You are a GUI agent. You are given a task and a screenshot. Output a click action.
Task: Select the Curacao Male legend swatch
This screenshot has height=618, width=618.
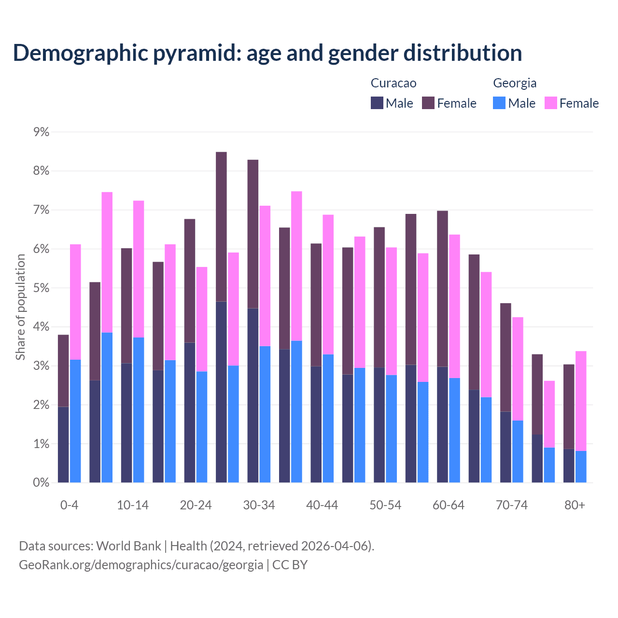377,103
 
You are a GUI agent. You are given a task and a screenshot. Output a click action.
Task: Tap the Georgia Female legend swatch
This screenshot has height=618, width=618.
551,103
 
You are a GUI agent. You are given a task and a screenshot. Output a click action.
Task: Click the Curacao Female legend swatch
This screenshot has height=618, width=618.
428,103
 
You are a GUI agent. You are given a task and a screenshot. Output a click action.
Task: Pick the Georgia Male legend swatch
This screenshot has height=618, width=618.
499,103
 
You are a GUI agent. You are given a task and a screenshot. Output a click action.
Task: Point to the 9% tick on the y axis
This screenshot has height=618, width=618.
41,132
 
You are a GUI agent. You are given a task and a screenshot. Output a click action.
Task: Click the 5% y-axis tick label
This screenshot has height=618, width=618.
41,288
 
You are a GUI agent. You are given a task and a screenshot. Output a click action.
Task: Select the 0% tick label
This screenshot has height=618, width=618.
41,482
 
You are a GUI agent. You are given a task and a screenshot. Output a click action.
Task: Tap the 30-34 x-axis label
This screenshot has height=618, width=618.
259,505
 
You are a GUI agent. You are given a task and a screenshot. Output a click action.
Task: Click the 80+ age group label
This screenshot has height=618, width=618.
575,505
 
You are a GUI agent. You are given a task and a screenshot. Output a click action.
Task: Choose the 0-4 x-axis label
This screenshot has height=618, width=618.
69,505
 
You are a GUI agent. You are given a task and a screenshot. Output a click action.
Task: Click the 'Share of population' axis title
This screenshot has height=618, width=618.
20,307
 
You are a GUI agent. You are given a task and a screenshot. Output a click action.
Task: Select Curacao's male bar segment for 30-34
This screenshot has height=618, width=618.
253,395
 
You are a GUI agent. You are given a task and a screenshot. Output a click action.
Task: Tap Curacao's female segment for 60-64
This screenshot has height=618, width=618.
442,289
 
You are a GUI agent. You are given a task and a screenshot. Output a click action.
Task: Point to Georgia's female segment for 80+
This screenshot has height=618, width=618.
581,401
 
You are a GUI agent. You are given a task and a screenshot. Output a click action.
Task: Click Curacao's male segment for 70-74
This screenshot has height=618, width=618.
506,447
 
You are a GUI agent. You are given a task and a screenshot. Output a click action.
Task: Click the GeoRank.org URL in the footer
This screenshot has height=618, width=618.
141,564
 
